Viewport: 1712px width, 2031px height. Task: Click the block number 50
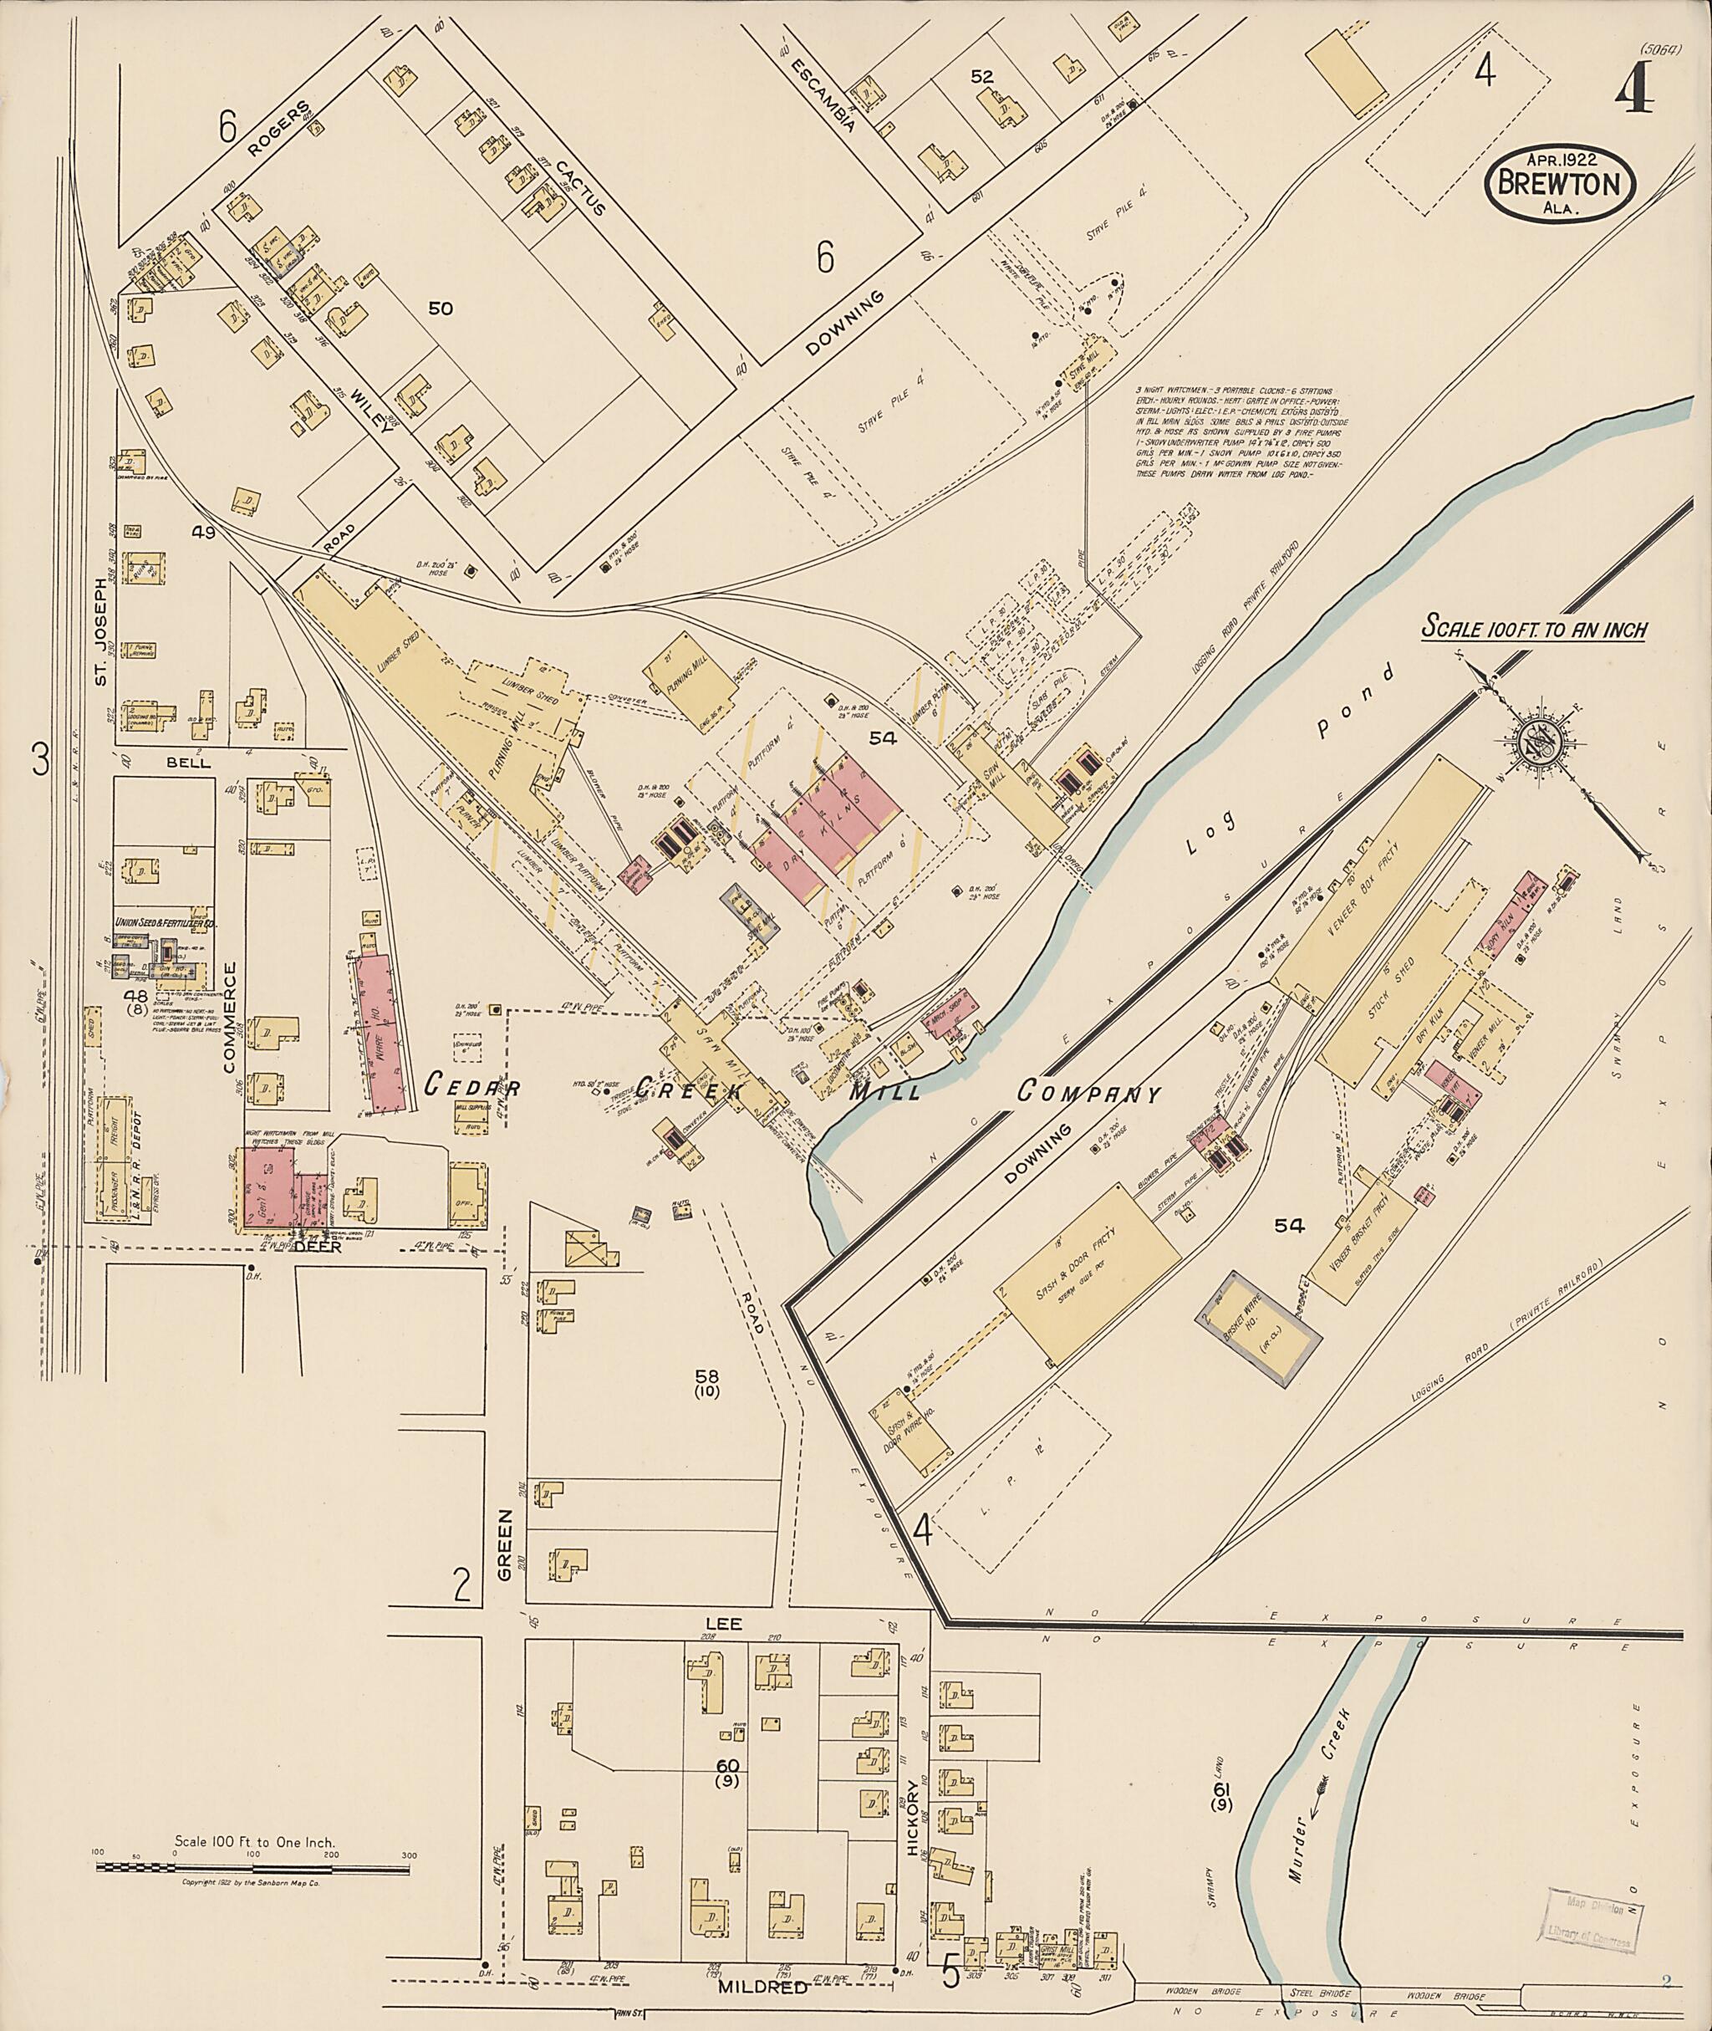(x=441, y=309)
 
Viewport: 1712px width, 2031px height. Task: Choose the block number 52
(x=981, y=76)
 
